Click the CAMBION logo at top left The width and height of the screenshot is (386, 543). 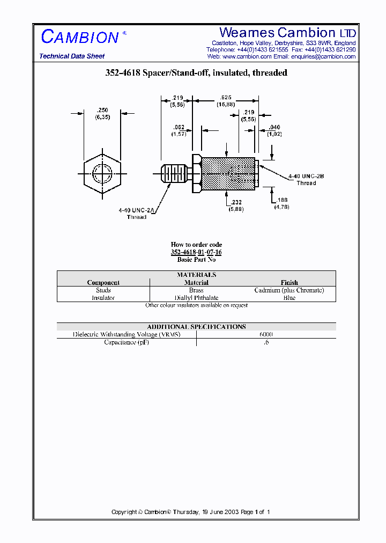click(80, 37)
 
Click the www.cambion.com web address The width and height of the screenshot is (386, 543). click(247, 56)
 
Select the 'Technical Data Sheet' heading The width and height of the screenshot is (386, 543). click(72, 56)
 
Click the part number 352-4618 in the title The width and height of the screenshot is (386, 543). click(122, 73)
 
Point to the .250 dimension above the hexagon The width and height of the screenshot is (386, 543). click(102, 109)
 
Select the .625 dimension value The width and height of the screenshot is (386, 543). click(226, 98)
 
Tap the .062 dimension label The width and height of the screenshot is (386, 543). click(179, 127)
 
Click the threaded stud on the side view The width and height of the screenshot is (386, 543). click(174, 173)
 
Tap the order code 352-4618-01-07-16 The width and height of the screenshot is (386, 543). click(196, 252)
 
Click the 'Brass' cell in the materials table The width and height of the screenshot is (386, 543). click(196, 290)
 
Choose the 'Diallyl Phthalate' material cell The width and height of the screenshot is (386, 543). click(196, 298)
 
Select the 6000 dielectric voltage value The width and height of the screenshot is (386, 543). click(266, 334)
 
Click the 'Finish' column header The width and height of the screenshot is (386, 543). click(289, 282)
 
